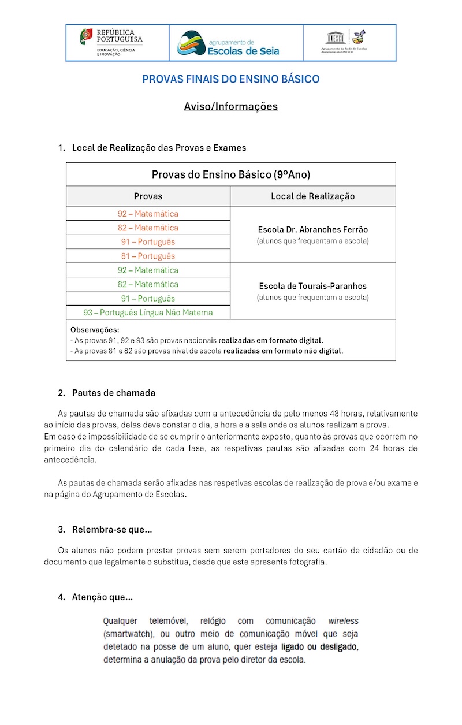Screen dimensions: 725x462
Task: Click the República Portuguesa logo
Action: click(x=111, y=42)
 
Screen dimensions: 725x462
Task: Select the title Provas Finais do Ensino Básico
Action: click(x=231, y=79)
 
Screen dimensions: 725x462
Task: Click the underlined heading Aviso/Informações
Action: click(x=231, y=107)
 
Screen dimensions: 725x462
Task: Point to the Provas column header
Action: click(x=148, y=196)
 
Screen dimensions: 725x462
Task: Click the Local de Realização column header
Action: click(x=312, y=196)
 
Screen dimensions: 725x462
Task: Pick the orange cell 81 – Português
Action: click(x=148, y=256)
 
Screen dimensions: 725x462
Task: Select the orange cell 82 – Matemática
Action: click(x=148, y=228)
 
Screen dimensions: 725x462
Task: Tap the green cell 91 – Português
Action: click(x=148, y=298)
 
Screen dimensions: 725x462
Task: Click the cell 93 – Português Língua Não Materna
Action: click(x=148, y=313)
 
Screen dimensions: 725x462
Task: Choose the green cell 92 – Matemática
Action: click(x=148, y=270)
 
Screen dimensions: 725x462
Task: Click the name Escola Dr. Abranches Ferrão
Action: click(x=312, y=229)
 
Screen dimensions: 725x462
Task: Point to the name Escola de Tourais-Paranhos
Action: click(x=312, y=286)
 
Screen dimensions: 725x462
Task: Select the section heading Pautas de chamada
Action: click(x=114, y=393)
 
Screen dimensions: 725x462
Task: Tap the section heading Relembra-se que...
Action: click(x=112, y=530)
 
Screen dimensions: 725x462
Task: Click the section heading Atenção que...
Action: click(x=102, y=597)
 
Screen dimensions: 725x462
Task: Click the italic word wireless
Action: click(x=343, y=621)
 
